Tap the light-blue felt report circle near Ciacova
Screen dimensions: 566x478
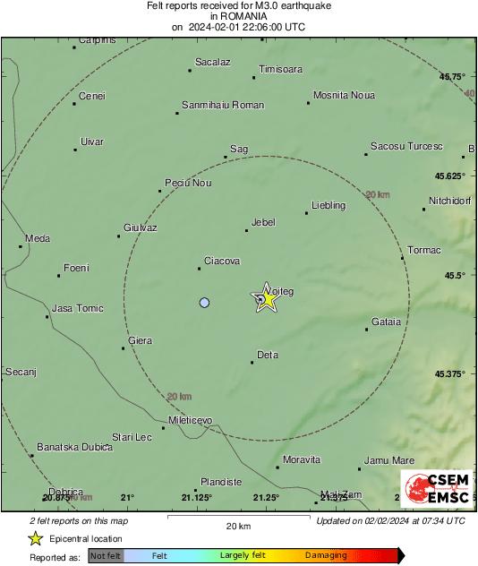[204, 303]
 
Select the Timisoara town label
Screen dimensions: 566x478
[280, 69]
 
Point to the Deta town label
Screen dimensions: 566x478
[268, 356]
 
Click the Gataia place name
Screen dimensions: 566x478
[386, 322]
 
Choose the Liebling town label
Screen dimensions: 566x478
[328, 206]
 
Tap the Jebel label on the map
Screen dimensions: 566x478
[263, 222]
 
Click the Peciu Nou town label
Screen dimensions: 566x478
[188, 183]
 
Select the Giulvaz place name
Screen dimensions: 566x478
[140, 227]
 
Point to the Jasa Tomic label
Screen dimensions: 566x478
[78, 308]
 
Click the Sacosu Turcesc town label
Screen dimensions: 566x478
[406, 146]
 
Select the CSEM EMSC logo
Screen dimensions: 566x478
[435, 488]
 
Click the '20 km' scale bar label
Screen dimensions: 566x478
[237, 525]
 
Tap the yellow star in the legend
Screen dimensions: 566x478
[35, 538]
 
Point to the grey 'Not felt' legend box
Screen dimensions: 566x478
[106, 556]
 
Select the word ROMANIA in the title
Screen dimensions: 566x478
[238, 16]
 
